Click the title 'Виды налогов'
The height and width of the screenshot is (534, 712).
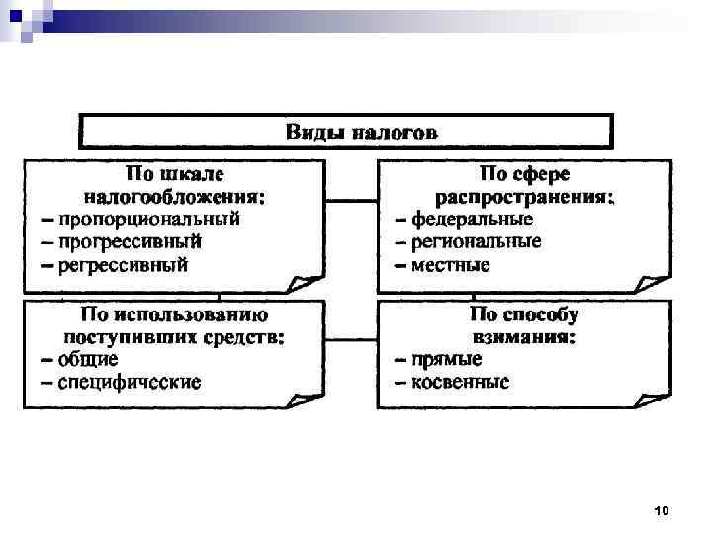(346, 132)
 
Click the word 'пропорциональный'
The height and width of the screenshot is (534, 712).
(148, 219)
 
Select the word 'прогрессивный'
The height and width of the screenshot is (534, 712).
(130, 241)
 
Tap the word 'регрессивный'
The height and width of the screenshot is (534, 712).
(123, 265)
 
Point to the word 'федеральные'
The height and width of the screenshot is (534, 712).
(472, 219)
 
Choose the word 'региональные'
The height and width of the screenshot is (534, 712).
(477, 241)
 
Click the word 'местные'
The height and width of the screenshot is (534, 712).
(451, 265)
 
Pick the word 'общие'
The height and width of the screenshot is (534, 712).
(88, 358)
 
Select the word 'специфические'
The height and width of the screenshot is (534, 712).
(129, 382)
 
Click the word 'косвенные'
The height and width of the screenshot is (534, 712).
(461, 382)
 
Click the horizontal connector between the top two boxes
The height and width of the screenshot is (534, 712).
(351, 201)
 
